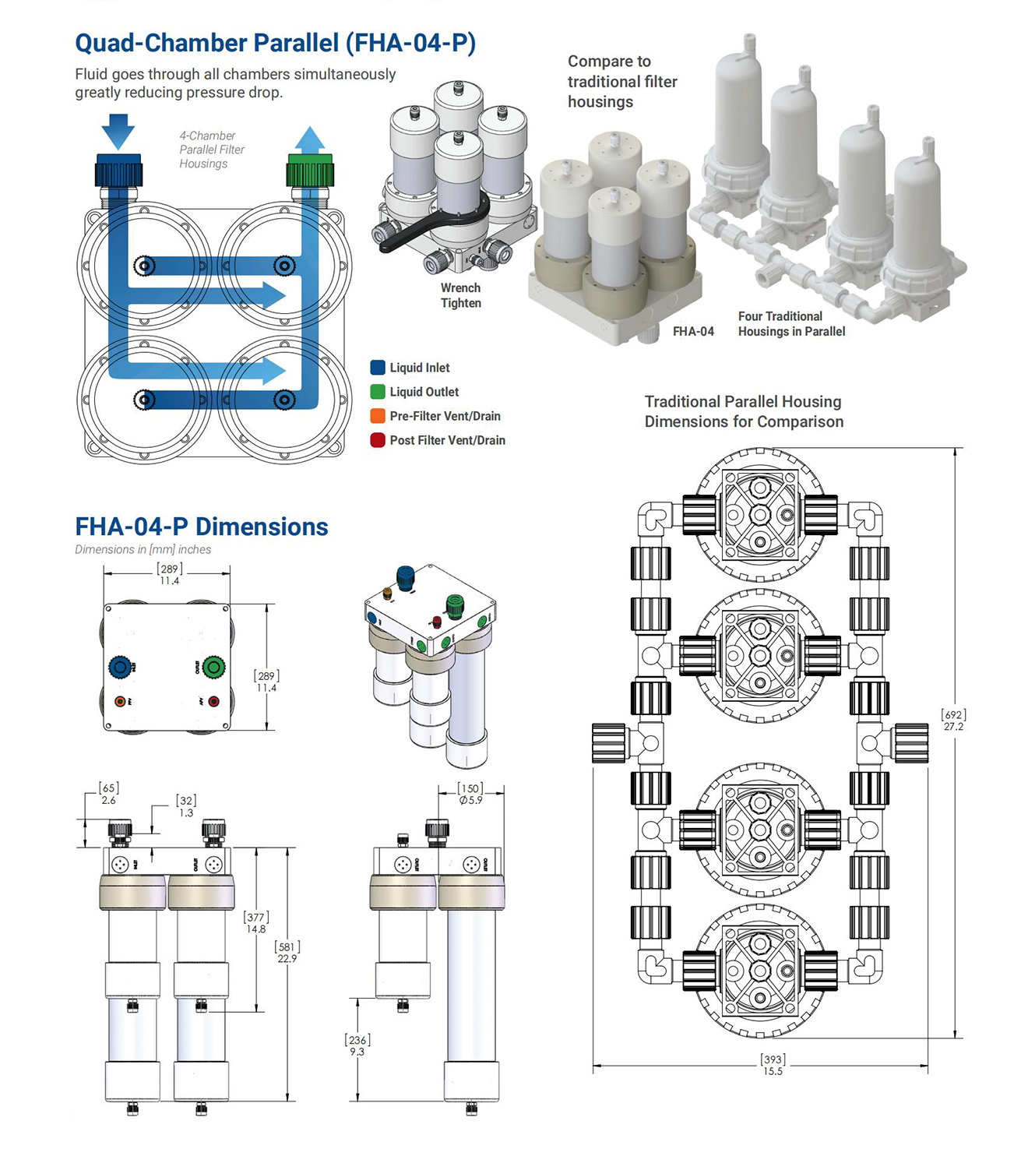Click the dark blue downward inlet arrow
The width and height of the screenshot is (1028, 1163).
point(118,131)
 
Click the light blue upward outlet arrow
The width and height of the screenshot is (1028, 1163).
point(310,140)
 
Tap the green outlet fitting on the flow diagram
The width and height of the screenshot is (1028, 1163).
point(309,170)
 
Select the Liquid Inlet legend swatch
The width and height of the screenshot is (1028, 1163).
point(378,368)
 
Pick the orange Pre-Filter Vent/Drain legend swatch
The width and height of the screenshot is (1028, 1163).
point(378,416)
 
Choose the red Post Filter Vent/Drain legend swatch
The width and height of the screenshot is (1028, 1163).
point(378,440)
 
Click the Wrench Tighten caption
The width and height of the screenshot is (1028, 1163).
point(460,296)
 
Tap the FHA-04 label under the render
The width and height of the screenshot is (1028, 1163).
point(693,331)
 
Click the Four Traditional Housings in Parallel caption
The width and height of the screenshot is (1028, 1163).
point(791,324)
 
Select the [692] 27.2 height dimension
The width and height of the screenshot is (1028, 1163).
point(953,721)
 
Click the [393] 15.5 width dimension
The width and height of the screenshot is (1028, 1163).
point(773,1065)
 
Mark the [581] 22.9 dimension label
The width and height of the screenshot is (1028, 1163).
point(287,953)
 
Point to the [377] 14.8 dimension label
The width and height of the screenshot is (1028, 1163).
point(256,923)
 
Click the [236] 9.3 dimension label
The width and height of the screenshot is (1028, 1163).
point(357,1045)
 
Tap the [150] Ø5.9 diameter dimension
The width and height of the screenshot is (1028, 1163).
point(470,794)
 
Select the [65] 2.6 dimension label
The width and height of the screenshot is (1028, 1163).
point(108,794)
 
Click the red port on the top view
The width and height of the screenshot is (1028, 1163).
point(213,702)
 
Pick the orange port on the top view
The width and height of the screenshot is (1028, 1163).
point(120,702)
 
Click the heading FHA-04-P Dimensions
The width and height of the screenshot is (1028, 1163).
point(201,527)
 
